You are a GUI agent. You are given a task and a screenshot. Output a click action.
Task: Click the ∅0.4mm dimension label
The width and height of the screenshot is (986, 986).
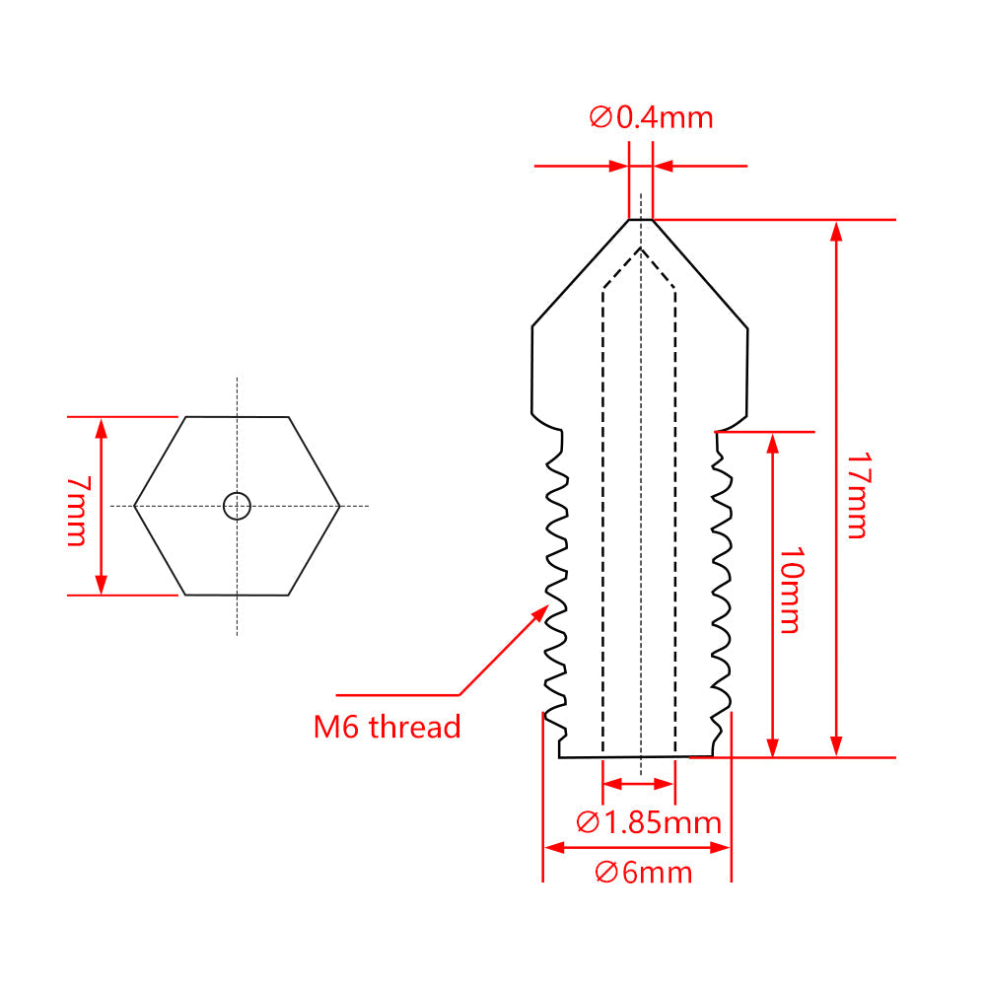(651, 118)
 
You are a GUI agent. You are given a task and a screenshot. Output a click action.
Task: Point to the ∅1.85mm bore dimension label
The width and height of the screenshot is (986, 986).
(649, 821)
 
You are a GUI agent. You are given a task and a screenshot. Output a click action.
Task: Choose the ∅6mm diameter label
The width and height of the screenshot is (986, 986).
(643, 873)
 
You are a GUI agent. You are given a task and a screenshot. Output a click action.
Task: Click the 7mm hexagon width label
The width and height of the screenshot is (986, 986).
(76, 511)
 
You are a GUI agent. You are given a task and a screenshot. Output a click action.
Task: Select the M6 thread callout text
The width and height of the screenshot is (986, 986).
(387, 728)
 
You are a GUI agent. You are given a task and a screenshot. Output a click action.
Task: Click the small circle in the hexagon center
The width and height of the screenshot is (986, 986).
(237, 506)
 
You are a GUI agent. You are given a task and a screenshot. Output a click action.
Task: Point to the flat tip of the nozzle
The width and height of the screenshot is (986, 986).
(641, 219)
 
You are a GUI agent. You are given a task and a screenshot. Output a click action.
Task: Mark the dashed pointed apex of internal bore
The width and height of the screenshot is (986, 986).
(641, 248)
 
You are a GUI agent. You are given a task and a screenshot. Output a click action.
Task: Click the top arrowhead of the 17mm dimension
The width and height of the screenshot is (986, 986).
(836, 229)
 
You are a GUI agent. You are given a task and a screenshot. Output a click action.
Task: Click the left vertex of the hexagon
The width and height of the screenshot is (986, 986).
(135, 506)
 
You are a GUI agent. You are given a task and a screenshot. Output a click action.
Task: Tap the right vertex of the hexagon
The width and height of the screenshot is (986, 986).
(339, 506)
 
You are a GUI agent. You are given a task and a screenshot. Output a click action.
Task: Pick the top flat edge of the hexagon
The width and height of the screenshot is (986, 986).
(237, 416)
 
